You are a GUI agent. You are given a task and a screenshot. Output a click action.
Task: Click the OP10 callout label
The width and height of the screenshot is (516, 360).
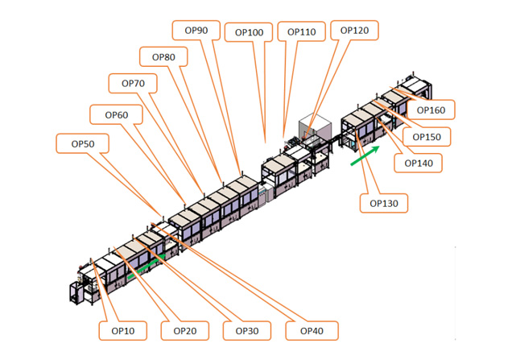(118, 330)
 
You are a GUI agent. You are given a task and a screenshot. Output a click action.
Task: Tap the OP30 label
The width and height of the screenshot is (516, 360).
(246, 330)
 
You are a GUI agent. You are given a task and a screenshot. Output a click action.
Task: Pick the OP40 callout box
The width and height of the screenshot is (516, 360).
(311, 330)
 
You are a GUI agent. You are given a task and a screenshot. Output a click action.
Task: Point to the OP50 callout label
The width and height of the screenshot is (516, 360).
(82, 143)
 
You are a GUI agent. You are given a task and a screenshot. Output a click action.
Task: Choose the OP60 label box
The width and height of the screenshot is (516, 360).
(116, 115)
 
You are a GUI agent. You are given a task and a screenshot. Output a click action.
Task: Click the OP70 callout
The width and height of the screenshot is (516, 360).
(133, 83)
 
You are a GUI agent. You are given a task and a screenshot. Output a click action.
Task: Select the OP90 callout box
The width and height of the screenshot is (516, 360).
(196, 30)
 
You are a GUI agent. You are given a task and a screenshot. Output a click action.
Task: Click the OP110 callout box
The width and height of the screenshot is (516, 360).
(301, 32)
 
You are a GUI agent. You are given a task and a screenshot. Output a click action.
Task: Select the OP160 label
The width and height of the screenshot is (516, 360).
(431, 110)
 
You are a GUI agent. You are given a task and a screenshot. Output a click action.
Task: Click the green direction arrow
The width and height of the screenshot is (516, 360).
(364, 155)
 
